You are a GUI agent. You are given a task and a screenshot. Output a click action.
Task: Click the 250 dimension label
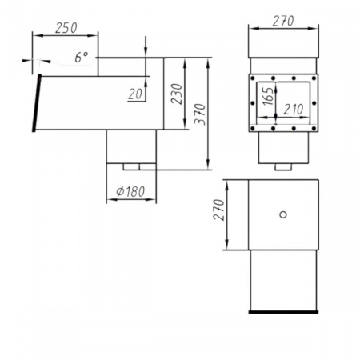(x=66, y=28)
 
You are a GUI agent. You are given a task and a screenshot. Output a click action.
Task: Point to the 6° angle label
(x=82, y=58)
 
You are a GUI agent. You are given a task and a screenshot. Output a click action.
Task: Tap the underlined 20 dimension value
(x=135, y=94)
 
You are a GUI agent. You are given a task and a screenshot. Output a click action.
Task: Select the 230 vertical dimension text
(x=177, y=94)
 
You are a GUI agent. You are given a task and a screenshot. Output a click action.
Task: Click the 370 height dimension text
(x=200, y=114)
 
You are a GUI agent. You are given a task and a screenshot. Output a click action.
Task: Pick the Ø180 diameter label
(x=130, y=191)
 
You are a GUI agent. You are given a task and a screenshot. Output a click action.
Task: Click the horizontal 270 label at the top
(x=283, y=21)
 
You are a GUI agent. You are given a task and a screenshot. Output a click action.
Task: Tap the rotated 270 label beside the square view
(x=218, y=210)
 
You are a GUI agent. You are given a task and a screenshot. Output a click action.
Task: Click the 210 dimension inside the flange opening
(x=294, y=110)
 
